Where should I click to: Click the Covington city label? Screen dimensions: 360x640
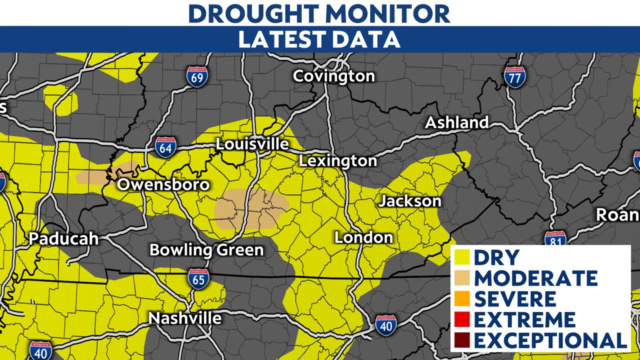(333, 76)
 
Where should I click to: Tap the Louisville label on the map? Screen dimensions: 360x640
(252, 144)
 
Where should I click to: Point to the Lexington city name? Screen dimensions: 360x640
(338, 161)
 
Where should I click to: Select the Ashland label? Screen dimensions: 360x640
(456, 122)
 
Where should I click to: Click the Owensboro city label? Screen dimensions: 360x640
(163, 184)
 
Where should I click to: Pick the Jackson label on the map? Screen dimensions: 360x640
(410, 201)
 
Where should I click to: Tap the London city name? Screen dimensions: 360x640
(363, 237)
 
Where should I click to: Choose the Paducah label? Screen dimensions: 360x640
(63, 238)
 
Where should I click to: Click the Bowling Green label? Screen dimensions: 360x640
(206, 249)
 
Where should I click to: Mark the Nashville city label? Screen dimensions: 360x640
(185, 318)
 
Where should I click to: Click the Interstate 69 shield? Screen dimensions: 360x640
(197, 76)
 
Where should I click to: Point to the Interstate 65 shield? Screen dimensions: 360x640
(198, 278)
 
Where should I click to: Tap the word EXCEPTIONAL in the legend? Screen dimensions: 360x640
(550, 340)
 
